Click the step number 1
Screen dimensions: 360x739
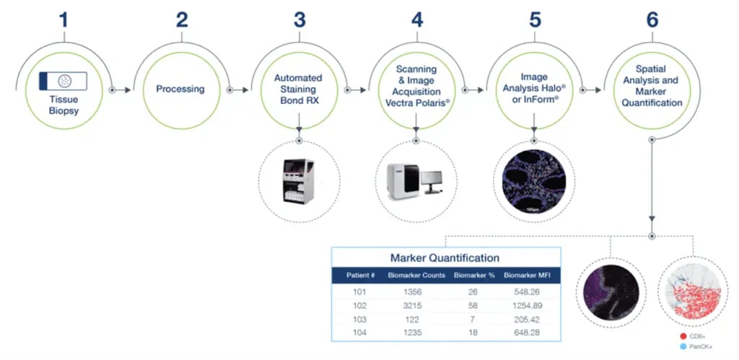(x=64, y=19)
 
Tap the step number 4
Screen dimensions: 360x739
(x=417, y=19)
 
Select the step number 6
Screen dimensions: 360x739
(x=652, y=19)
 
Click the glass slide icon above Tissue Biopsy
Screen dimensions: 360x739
(x=64, y=80)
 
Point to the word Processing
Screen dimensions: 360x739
(x=180, y=89)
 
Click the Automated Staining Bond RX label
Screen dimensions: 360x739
(x=298, y=89)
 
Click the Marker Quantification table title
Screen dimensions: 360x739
(x=445, y=258)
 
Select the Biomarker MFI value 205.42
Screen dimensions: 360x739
(x=529, y=318)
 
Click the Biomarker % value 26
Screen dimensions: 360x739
(x=473, y=292)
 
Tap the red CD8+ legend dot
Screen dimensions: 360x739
(x=682, y=337)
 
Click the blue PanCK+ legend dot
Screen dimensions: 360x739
(x=682, y=348)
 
